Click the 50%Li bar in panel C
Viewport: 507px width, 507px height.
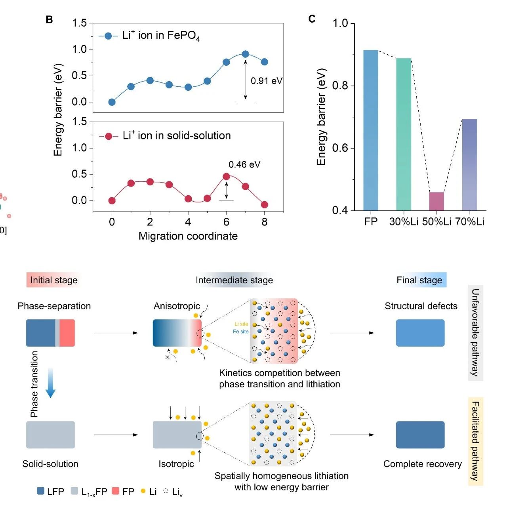point(436,201)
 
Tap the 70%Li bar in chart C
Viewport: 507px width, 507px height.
point(469,164)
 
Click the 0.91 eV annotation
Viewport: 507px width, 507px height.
point(266,81)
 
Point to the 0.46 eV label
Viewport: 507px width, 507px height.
point(244,164)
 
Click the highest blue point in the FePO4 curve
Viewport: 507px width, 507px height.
point(245,54)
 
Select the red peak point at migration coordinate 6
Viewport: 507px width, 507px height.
point(226,176)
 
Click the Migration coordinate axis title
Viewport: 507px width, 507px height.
point(188,236)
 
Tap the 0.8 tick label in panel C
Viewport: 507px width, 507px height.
point(340,86)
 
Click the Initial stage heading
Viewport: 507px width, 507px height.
point(54,280)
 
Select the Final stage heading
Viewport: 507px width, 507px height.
point(419,280)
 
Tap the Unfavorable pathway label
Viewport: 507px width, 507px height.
point(475,332)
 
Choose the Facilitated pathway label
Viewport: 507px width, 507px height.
point(475,441)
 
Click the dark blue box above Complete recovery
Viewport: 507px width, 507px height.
point(420,435)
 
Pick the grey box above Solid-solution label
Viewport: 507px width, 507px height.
point(50,435)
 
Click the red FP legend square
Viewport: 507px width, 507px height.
point(116,491)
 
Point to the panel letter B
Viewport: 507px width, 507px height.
point(49,19)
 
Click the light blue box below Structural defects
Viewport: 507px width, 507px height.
point(420,333)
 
